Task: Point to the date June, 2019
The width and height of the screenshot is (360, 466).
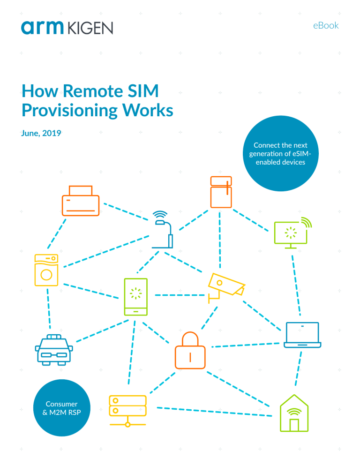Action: [x=41, y=133]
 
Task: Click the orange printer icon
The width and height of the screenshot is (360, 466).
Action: [x=80, y=200]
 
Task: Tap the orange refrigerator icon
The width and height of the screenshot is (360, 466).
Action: [x=221, y=192]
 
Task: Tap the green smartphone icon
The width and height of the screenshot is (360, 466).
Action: [x=135, y=297]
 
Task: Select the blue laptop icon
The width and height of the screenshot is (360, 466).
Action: [x=302, y=335]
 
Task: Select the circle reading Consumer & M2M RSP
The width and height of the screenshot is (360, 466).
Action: [x=61, y=407]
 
